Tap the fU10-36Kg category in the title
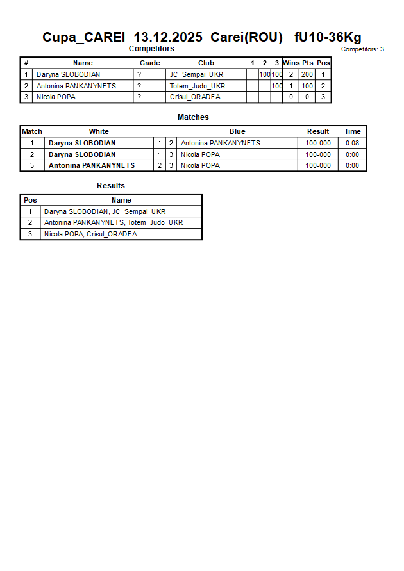click(x=328, y=37)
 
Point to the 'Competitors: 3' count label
click(x=362, y=49)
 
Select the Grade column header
click(x=150, y=63)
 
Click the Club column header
click(x=206, y=63)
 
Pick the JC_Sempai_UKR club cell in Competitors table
click(x=196, y=74)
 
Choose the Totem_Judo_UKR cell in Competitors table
click(x=198, y=86)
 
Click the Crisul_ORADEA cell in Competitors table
click(x=195, y=97)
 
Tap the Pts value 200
click(x=307, y=74)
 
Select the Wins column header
click(x=291, y=63)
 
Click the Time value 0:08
click(x=353, y=143)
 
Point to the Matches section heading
click(x=193, y=117)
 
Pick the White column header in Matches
click(x=99, y=131)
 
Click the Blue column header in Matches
click(x=237, y=131)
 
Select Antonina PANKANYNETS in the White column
click(x=92, y=165)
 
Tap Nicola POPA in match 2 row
click(x=200, y=154)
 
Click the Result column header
click(x=318, y=131)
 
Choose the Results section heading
click(x=111, y=186)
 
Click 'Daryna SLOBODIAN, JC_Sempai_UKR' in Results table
click(x=105, y=211)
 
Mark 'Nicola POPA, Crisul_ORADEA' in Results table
click(x=90, y=235)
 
